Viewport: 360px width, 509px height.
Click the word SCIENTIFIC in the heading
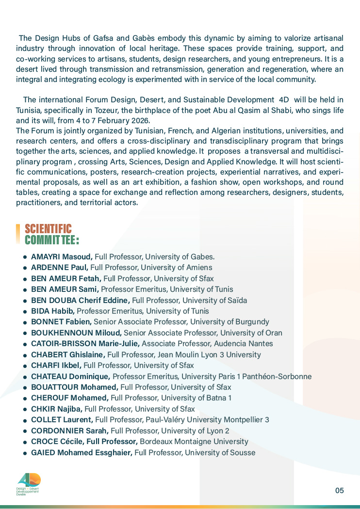48,229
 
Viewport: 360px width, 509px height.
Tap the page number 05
339,490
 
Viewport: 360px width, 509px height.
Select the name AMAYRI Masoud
62,256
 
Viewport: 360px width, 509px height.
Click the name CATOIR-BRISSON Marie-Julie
85,344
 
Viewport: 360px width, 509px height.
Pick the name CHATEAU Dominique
71,376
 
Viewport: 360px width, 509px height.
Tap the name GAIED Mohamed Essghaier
82,453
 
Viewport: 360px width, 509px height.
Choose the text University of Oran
251,333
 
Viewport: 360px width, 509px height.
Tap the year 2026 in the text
140,120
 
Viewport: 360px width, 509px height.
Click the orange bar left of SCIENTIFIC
18,234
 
